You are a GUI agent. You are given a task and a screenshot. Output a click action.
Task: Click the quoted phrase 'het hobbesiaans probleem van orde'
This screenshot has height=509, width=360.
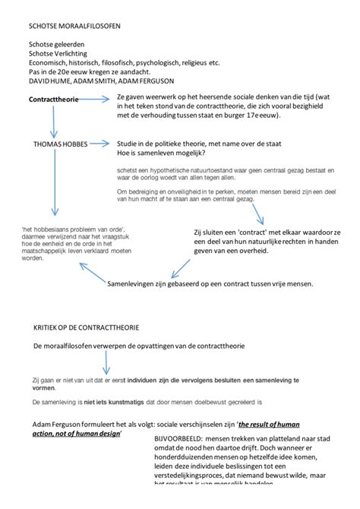click(x=68, y=229)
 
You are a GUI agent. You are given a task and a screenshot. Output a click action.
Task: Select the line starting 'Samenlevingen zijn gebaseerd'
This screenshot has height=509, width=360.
click(x=210, y=284)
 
